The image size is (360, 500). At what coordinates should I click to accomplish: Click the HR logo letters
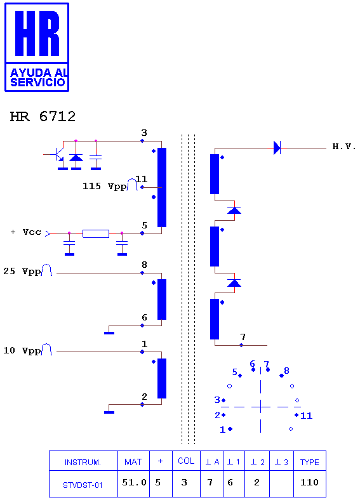pyautogui.click(x=37, y=33)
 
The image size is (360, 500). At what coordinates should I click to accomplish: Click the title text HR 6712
pyautogui.click(x=43, y=116)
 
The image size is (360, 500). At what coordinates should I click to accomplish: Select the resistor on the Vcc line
pyautogui.click(x=96, y=234)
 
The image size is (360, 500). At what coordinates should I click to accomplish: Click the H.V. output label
pyautogui.click(x=344, y=147)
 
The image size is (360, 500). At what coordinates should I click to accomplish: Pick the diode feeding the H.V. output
pyautogui.click(x=277, y=148)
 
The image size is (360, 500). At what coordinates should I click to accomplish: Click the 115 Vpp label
pyautogui.click(x=105, y=186)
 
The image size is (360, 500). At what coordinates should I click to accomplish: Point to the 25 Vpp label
pyautogui.click(x=22, y=272)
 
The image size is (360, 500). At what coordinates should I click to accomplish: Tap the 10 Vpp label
pyautogui.click(x=22, y=351)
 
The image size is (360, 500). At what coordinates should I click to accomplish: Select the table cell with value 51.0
pyautogui.click(x=134, y=484)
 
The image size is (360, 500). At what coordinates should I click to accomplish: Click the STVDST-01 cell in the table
pyautogui.click(x=83, y=484)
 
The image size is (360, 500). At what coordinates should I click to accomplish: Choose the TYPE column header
pyautogui.click(x=310, y=461)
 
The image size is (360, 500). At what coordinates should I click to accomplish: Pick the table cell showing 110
pyautogui.click(x=310, y=484)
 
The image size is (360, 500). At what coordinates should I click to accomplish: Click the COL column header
pyautogui.click(x=186, y=461)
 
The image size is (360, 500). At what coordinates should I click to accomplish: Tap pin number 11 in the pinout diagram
pyautogui.click(x=307, y=416)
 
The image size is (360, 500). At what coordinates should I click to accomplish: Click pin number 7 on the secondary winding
pyautogui.click(x=243, y=337)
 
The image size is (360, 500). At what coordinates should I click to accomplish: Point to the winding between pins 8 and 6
pyautogui.click(x=162, y=299)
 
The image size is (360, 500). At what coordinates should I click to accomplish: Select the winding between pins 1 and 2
pyautogui.click(x=162, y=379)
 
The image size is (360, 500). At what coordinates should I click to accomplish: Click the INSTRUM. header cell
pyautogui.click(x=83, y=461)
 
